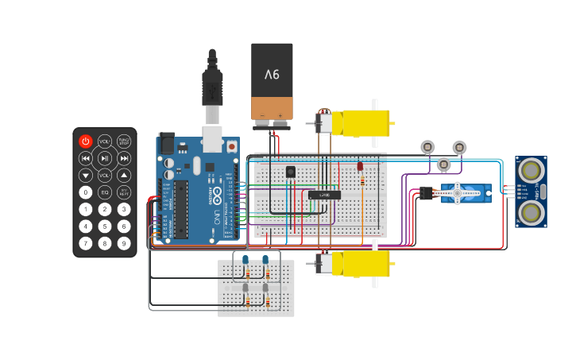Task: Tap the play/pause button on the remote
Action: pos(105,158)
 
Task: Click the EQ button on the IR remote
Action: pos(105,192)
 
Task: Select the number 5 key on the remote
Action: pos(105,226)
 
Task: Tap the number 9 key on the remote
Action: pos(124,243)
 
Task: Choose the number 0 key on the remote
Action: pos(86,192)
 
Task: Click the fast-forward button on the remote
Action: pos(124,158)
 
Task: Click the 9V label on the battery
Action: pos(272,75)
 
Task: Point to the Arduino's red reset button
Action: pos(231,146)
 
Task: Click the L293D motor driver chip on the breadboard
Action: pos(324,195)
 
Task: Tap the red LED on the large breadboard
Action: pos(360,167)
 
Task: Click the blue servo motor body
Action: pos(466,193)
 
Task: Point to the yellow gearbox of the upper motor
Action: pos(365,123)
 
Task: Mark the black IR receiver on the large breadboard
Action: pos(291,172)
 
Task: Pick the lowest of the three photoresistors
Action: pos(444,165)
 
